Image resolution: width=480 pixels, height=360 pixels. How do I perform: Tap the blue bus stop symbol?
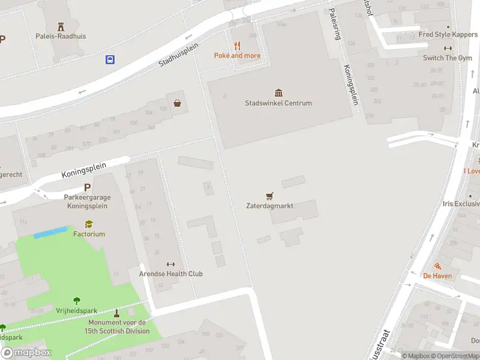point(110,59)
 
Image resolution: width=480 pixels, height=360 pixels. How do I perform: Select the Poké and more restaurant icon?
point(237,46)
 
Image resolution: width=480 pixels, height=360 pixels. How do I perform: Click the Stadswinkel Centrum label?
point(278,103)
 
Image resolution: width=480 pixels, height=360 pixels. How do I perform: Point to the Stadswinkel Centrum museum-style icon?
point(278,92)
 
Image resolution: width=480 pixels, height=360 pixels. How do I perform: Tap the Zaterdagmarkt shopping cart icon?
point(269,196)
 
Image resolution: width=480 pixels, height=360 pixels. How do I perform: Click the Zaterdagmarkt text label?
point(269,206)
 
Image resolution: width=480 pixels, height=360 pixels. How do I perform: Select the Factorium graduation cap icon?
point(89,224)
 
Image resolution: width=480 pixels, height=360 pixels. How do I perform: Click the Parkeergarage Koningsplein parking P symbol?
point(87,187)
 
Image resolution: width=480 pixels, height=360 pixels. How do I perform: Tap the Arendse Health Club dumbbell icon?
point(170,264)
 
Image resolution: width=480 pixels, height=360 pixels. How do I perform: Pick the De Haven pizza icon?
point(437,266)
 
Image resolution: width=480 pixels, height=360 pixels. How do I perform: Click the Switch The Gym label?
point(447,58)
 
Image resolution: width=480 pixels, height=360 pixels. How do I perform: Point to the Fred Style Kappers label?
point(448,35)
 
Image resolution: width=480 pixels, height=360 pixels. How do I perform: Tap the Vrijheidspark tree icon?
point(77,300)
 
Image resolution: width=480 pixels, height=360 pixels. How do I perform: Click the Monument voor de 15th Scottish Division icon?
point(116,313)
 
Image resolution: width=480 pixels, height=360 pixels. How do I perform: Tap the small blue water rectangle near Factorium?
point(50,232)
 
